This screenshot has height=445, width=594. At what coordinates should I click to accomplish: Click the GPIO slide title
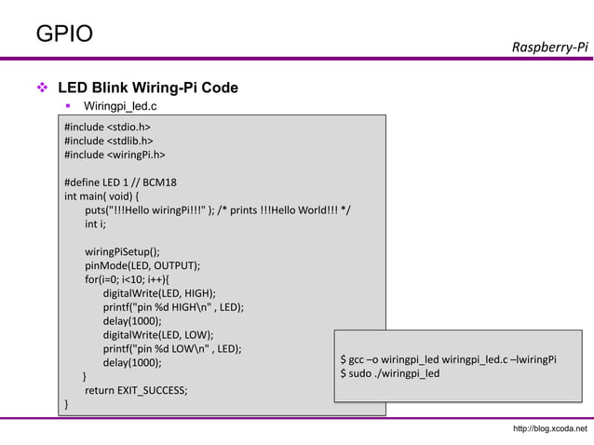[x=64, y=34]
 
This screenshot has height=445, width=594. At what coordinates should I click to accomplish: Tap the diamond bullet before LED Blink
[x=42, y=88]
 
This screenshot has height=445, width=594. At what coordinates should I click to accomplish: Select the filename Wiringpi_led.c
[x=120, y=107]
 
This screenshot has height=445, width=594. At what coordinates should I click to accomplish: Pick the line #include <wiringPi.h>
[x=115, y=155]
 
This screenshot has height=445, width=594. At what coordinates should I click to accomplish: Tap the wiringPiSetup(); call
[x=123, y=251]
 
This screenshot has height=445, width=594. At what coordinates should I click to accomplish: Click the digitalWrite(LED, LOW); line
[x=158, y=334]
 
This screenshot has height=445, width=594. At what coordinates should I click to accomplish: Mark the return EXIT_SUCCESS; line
[x=135, y=390]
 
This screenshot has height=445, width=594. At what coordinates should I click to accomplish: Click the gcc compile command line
[x=448, y=359]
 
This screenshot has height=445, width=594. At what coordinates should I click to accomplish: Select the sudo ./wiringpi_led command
[x=390, y=374]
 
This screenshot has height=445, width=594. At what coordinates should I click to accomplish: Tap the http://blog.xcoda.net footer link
[x=550, y=428]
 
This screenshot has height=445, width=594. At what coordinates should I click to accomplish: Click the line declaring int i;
[x=95, y=223]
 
